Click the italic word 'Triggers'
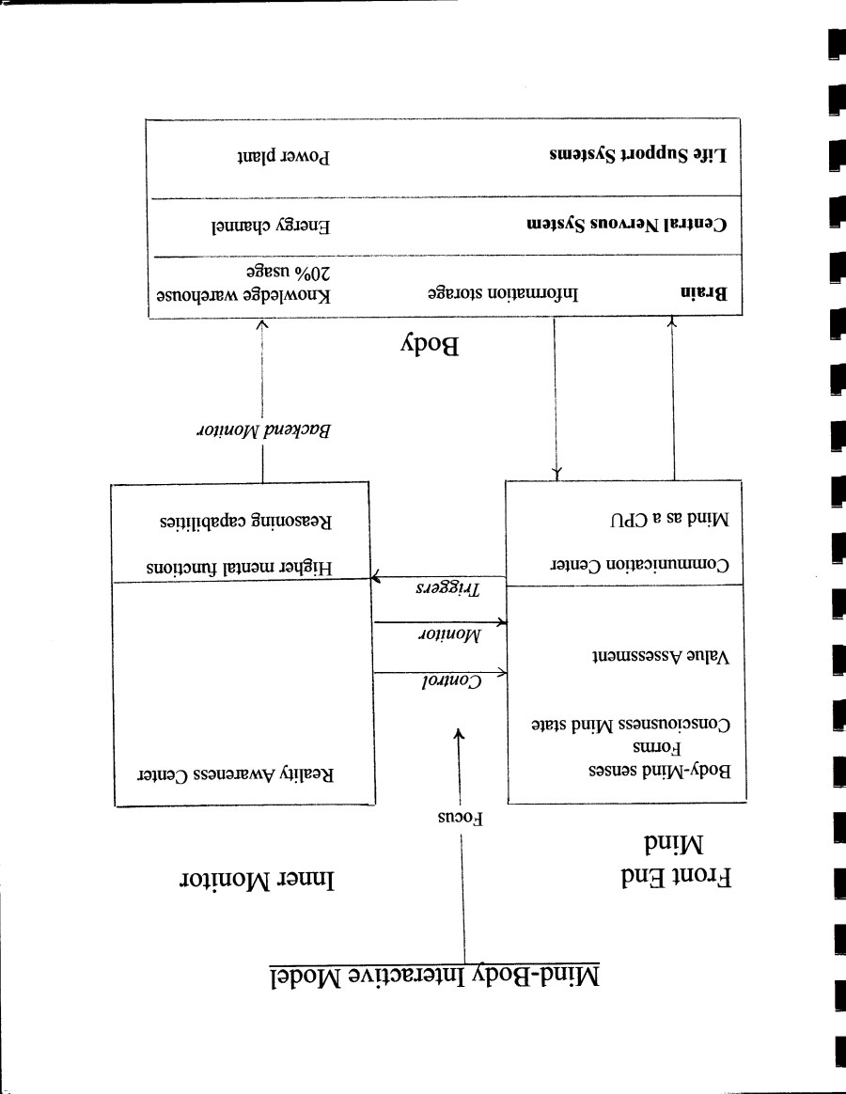[447, 590]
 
